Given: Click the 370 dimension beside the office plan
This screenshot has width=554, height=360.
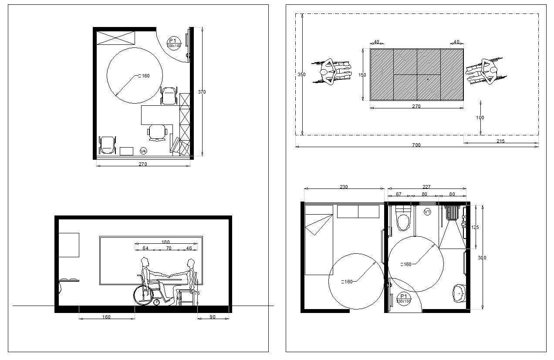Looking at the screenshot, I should (x=202, y=92).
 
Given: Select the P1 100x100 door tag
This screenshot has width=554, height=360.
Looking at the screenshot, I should (x=174, y=43).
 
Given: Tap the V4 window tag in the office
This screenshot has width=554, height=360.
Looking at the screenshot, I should (x=143, y=151).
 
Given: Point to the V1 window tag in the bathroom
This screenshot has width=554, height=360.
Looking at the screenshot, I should (x=427, y=212).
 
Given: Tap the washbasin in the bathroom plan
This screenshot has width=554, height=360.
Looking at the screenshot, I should (x=458, y=293).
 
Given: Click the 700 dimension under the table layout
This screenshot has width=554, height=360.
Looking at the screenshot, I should (x=416, y=145).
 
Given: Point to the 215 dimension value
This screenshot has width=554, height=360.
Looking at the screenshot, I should (x=500, y=141).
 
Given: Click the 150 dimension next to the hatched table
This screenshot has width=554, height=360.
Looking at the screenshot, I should (x=362, y=75).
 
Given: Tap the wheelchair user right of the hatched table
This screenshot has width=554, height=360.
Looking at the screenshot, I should (x=486, y=71).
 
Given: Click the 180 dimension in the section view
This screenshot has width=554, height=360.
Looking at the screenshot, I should (x=166, y=242).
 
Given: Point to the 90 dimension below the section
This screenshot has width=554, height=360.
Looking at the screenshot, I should (x=213, y=317).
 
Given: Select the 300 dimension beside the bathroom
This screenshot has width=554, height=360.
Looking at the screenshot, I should (x=482, y=258).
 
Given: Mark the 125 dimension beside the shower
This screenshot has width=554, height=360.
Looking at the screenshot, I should (x=475, y=227).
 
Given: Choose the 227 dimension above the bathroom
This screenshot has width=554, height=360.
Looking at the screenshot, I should (x=426, y=187).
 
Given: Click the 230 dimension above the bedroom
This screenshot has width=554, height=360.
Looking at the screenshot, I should (x=344, y=187).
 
